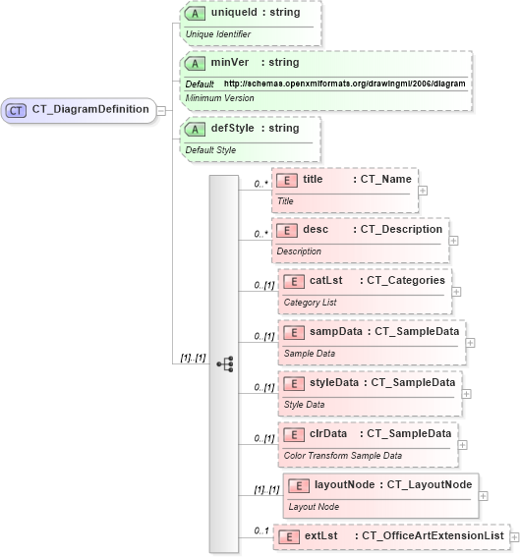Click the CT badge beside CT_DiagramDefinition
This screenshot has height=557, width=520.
(x=17, y=110)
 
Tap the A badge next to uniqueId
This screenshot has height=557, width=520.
(x=196, y=15)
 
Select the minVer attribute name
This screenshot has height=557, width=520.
(x=227, y=63)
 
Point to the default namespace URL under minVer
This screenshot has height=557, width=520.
(x=344, y=84)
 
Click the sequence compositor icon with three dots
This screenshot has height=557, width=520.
(x=224, y=363)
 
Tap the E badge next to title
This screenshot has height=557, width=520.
(x=287, y=180)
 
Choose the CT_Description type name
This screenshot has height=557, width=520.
(x=401, y=229)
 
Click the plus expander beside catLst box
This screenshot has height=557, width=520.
(x=457, y=292)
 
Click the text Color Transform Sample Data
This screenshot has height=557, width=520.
(x=343, y=456)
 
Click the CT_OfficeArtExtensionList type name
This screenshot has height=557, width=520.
(x=433, y=535)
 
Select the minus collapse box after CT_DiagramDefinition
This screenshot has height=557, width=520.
(x=161, y=110)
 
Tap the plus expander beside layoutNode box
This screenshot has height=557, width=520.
(x=483, y=495)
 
